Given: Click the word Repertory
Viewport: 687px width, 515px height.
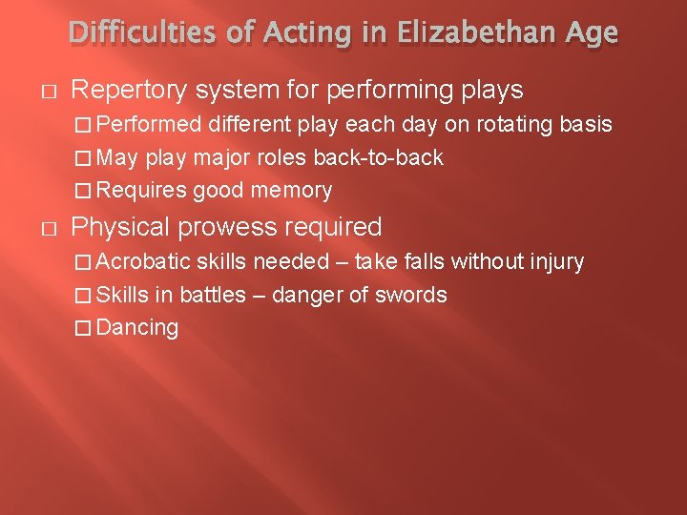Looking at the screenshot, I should click(x=129, y=91).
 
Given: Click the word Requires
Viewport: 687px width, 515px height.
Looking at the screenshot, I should click(x=142, y=191).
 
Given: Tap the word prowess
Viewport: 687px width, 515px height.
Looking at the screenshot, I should click(x=228, y=227).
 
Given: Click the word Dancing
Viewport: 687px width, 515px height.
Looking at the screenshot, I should click(x=138, y=328).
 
